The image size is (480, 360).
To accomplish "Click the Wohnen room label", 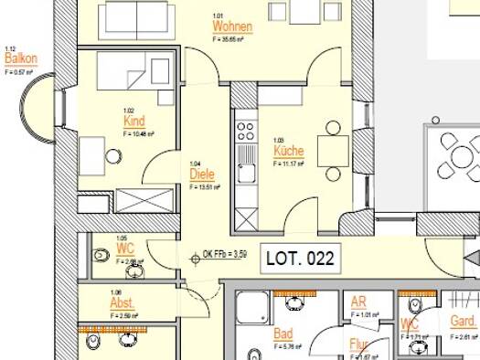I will click(231, 26).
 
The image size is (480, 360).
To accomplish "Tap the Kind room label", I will click(134, 121).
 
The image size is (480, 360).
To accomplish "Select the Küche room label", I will click(288, 151).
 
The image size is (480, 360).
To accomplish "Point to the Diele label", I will click(201, 174).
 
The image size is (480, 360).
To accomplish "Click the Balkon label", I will click(20, 58).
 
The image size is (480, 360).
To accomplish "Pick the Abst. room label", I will click(123, 303).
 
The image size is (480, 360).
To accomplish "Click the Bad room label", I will click(283, 334).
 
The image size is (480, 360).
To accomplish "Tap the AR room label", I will click(357, 304).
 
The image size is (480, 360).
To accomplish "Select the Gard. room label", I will click(463, 322).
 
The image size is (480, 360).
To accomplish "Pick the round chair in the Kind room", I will click(114, 155).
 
